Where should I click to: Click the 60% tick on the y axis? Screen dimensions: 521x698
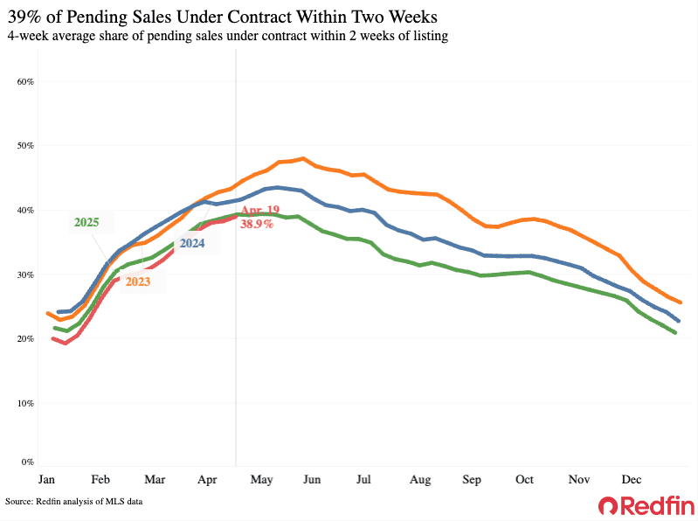25,81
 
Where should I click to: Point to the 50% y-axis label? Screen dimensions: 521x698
25,145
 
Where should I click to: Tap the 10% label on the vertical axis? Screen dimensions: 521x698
25,403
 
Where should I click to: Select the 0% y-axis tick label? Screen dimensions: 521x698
28,462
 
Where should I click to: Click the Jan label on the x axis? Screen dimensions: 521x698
47,480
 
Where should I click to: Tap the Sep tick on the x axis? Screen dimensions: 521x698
473,480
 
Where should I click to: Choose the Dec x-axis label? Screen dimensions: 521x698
631,480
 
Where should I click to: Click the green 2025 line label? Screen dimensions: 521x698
86,223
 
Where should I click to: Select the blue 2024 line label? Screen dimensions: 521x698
192,244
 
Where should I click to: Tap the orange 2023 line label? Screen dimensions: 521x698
138,281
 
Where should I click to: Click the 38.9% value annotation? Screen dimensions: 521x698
258,224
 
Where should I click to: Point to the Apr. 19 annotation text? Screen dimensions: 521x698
261,211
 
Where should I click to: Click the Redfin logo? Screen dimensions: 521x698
646,505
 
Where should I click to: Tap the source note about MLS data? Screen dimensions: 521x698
73,502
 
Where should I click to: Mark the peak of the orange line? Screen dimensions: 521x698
303,158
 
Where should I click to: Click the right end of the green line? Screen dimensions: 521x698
675,333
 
